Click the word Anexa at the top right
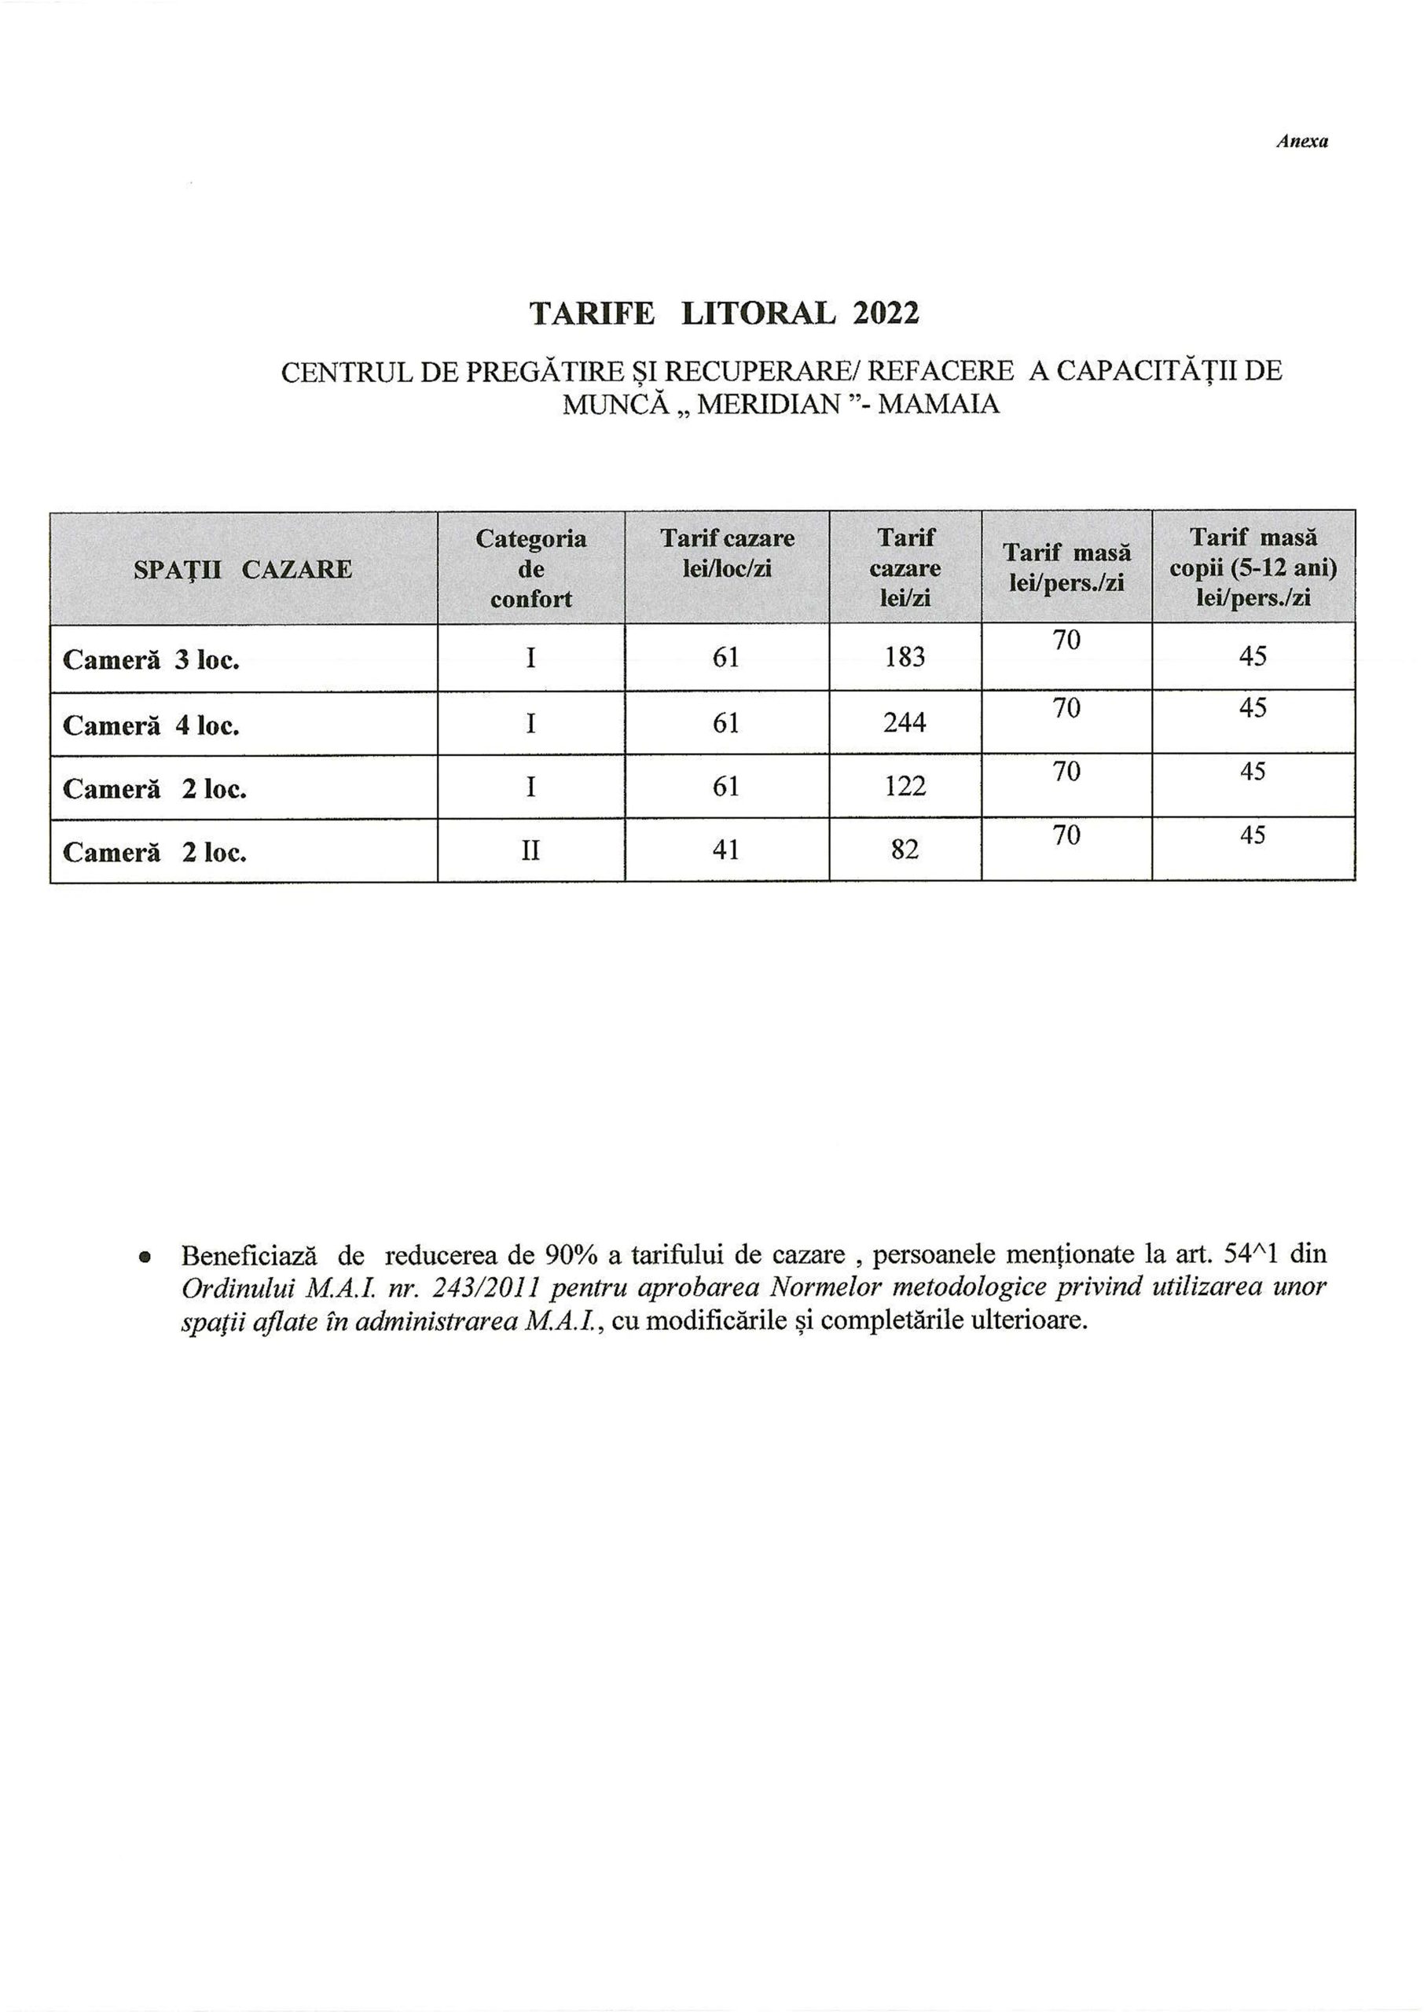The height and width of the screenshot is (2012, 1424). click(1301, 141)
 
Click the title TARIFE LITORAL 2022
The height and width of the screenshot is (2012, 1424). click(725, 313)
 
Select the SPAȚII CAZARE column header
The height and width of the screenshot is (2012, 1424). click(243, 570)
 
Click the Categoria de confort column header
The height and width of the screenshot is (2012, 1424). click(530, 569)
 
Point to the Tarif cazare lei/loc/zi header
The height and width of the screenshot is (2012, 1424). click(727, 553)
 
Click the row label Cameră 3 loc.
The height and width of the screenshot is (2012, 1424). click(151, 660)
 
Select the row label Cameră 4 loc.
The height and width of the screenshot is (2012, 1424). click(151, 726)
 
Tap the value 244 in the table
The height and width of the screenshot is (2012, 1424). click(905, 722)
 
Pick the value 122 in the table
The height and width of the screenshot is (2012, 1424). click(905, 787)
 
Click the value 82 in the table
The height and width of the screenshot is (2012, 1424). click(905, 850)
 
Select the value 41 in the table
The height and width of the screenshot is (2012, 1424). click(726, 850)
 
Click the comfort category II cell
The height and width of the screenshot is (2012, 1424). click(530, 850)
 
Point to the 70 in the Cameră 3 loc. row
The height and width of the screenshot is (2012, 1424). click(1066, 641)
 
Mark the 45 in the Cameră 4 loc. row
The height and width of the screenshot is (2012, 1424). click(1253, 707)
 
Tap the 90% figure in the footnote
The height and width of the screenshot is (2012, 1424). click(571, 1254)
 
